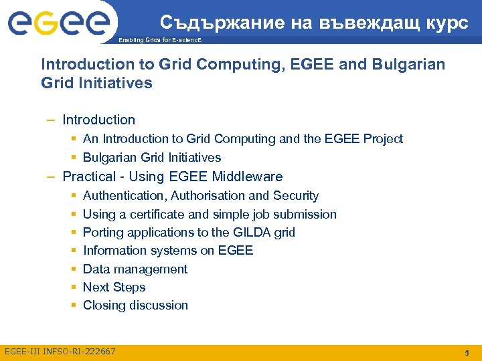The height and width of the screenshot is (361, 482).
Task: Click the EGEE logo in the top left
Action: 58,24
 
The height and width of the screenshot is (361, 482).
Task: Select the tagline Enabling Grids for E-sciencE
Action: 159,41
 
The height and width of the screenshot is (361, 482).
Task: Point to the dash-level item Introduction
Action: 98,120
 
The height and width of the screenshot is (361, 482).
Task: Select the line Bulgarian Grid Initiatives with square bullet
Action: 151,158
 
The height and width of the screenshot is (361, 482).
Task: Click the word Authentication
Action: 125,196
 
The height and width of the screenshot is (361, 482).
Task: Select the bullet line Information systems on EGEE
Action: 167,251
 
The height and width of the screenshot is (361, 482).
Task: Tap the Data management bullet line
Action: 135,269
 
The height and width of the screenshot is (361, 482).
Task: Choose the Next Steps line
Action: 114,287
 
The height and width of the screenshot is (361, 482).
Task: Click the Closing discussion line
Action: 135,306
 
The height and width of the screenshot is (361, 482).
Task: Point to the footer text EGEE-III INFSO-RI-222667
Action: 60,352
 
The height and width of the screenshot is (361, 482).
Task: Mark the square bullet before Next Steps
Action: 72,287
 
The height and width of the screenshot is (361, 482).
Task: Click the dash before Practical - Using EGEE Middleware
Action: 51,177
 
